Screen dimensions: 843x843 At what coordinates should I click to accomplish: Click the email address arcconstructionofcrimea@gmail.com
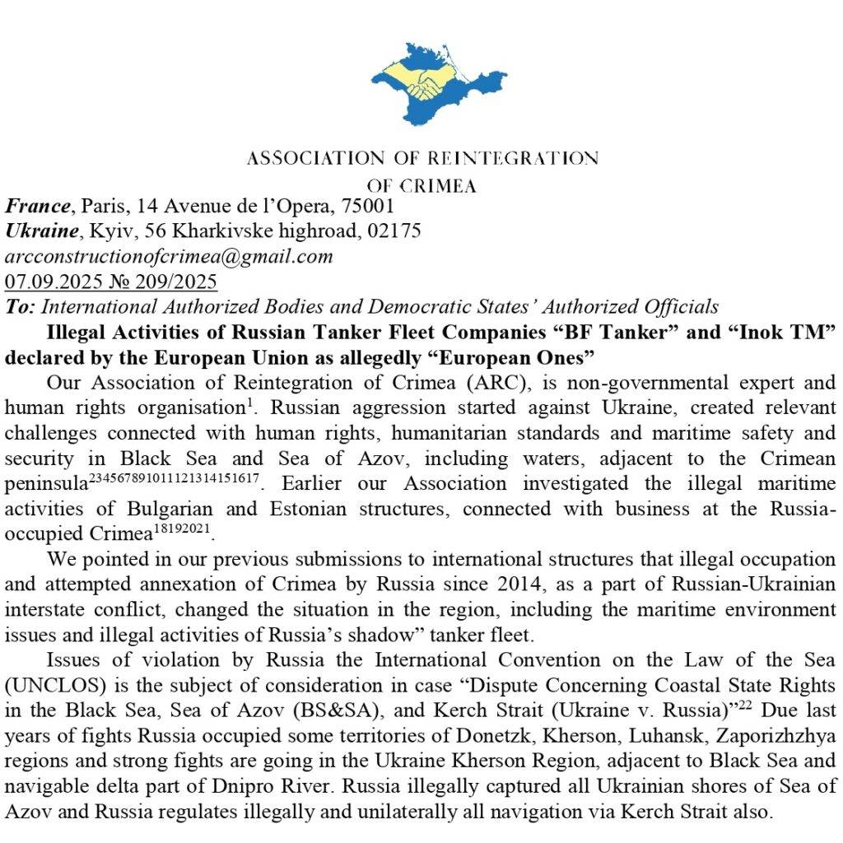coord(169,256)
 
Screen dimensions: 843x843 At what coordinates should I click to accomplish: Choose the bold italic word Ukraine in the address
coord(46,231)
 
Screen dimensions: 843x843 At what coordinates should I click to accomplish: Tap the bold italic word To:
coord(20,307)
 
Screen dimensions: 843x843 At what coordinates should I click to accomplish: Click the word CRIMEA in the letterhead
coord(445,186)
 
